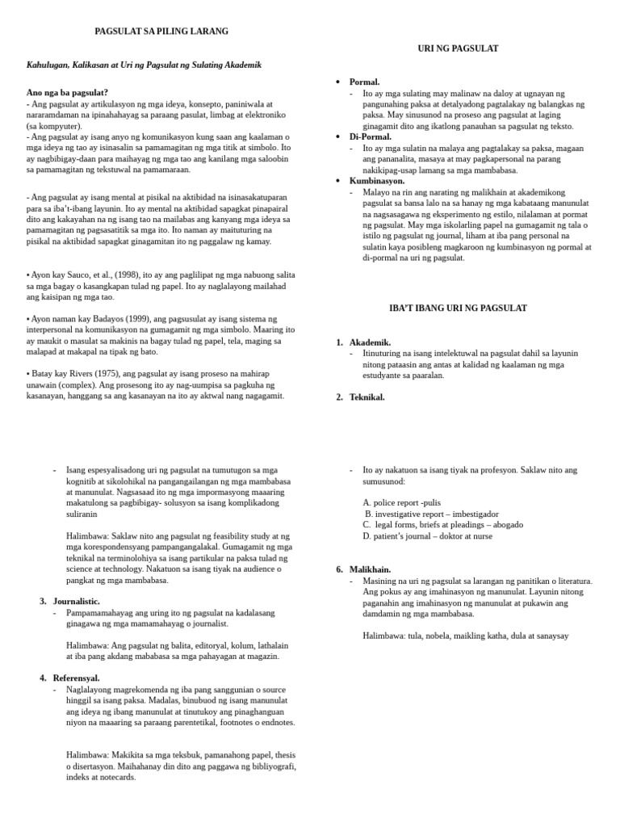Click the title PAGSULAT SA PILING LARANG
coord(161,31)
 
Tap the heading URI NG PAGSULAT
coord(458,48)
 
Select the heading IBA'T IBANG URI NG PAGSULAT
coord(458,309)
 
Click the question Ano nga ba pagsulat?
coord(67,93)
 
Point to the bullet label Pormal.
coord(364,82)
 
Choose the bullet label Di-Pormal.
coord(370,137)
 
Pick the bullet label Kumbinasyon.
coord(377,181)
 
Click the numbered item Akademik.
coord(370,342)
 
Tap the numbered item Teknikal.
coord(367,397)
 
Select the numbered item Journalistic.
coord(77,602)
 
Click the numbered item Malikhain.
coord(371,569)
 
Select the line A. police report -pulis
coord(402,502)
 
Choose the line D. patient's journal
coord(427,536)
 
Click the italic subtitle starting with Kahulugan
coord(144,65)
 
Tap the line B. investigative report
coord(431,514)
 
